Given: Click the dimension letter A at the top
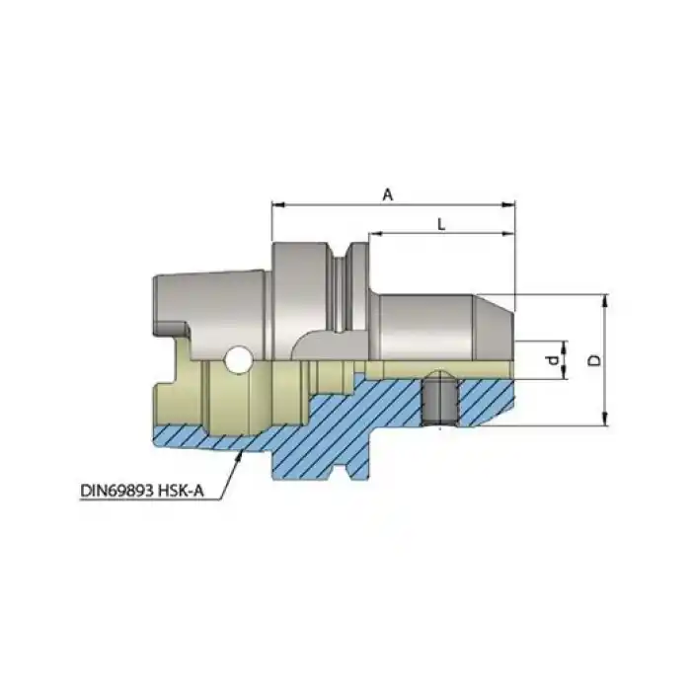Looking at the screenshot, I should (388, 195).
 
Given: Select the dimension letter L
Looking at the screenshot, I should (441, 225).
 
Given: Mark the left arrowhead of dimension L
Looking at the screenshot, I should (376, 235).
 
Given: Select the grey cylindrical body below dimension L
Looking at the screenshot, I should (424, 326).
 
